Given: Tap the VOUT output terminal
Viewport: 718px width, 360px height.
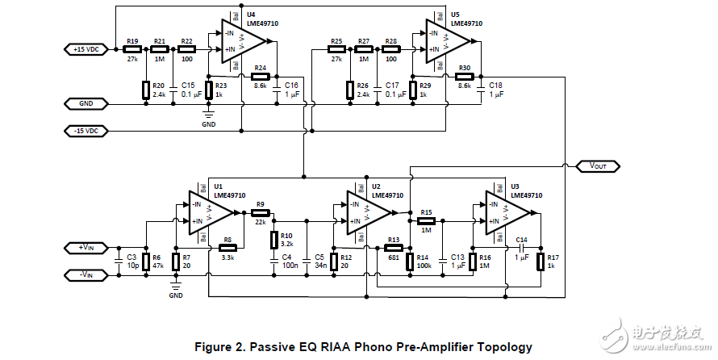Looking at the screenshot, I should [x=598, y=165].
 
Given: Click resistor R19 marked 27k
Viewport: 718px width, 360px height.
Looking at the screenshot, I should [x=132, y=49].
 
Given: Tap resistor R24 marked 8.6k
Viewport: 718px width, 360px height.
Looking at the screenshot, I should [x=260, y=77].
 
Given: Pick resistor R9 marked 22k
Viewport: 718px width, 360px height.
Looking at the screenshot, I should [x=260, y=213].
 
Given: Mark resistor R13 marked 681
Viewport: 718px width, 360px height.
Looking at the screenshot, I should [x=394, y=248].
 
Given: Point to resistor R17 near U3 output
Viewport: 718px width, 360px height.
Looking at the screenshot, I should [x=541, y=260].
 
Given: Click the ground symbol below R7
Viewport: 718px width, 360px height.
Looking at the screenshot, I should [x=176, y=284].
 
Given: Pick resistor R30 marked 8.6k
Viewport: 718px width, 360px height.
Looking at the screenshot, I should [x=464, y=77].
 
